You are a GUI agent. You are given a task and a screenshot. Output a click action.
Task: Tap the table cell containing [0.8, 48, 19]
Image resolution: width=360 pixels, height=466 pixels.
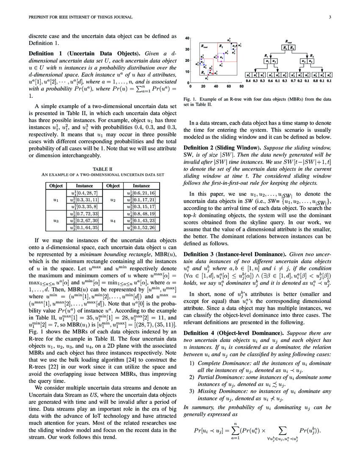(141, 214)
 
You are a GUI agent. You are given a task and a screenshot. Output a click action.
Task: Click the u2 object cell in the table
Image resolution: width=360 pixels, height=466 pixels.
(113, 200)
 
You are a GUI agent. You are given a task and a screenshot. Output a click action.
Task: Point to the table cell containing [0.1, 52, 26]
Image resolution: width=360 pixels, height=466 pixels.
(141, 228)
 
